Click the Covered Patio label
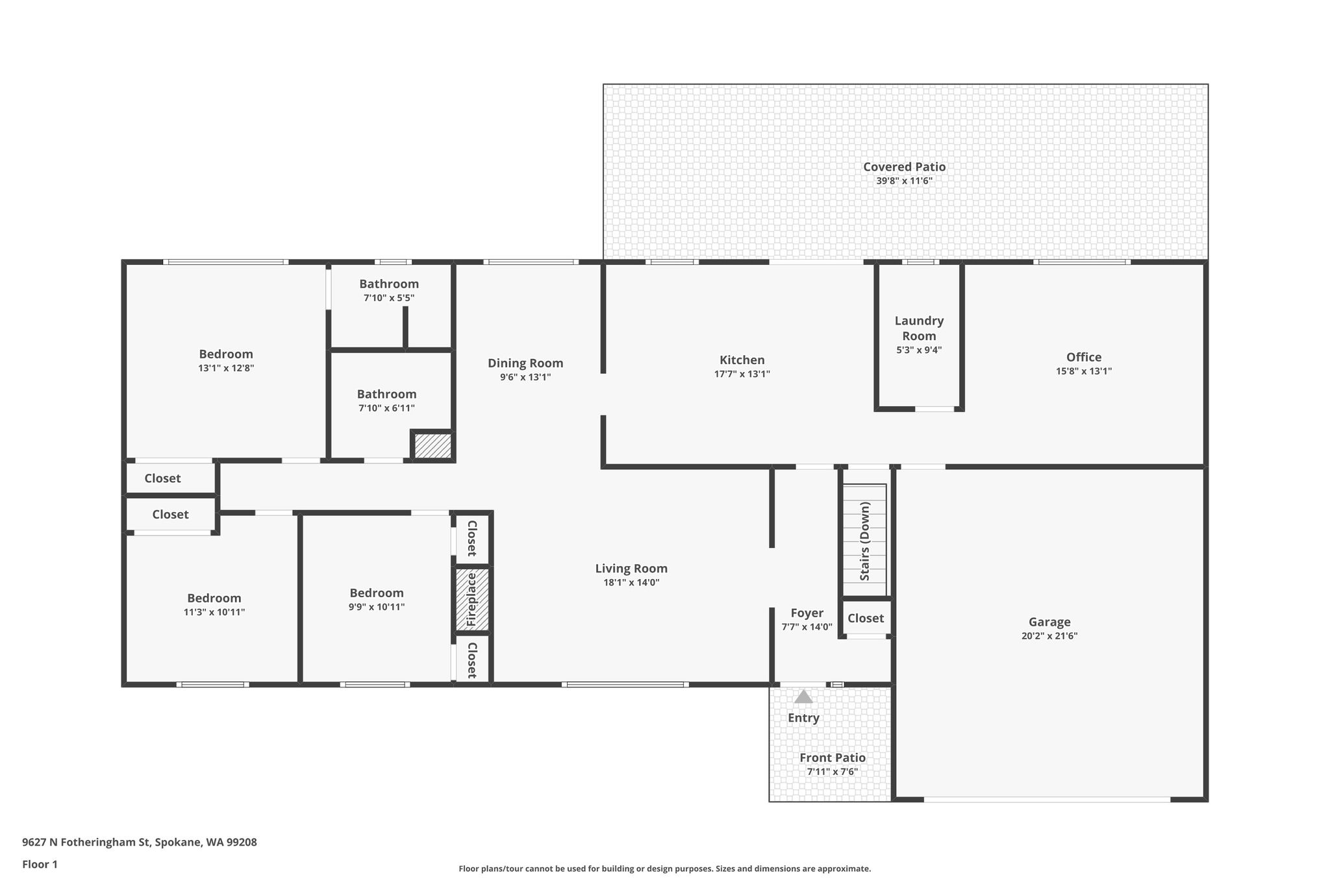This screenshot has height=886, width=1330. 904,167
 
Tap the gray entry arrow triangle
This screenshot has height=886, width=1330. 803,696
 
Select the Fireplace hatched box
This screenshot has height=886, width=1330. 471,599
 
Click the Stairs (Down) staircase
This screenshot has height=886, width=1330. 864,540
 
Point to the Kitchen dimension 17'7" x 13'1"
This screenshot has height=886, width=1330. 742,374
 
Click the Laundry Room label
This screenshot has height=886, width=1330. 919,328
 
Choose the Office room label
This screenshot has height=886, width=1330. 1084,357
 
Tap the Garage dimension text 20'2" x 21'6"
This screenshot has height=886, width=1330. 1049,636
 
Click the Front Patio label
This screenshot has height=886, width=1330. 833,757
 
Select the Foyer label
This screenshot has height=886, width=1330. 807,613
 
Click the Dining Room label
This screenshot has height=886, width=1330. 525,363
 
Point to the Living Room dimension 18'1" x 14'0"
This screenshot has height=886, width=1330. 631,583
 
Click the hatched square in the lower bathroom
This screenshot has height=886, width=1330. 433,446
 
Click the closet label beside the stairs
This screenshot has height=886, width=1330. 866,618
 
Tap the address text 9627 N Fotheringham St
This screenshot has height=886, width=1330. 86,843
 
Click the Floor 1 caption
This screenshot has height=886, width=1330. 40,865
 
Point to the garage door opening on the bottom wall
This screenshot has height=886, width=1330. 1047,800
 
